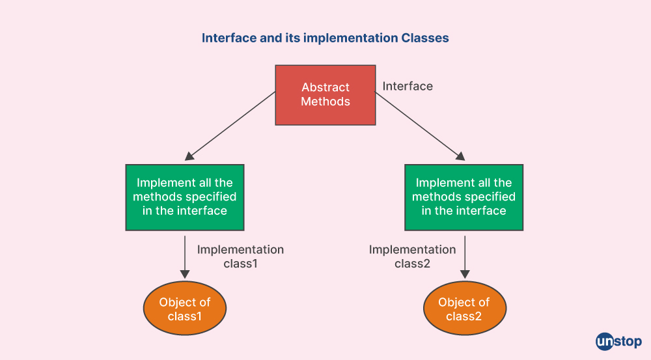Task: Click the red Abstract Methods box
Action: (325, 95)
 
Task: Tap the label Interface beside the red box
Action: (408, 87)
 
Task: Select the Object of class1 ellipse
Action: (185, 308)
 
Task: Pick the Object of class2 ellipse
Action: (465, 308)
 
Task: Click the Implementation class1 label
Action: (240, 256)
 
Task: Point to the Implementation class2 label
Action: (412, 256)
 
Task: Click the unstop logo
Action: (618, 342)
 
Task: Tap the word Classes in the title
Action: (424, 38)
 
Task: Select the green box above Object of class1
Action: (185, 197)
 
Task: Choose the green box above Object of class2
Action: (464, 197)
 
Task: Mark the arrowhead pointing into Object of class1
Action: (185, 274)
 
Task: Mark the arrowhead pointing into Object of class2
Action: (465, 274)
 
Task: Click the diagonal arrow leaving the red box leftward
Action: (230, 126)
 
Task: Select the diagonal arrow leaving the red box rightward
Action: (420, 126)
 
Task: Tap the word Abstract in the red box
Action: (325, 87)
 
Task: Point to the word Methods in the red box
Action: (325, 102)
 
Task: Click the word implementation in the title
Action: (350, 38)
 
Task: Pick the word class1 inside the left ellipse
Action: (185, 316)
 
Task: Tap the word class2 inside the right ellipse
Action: (464, 316)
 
